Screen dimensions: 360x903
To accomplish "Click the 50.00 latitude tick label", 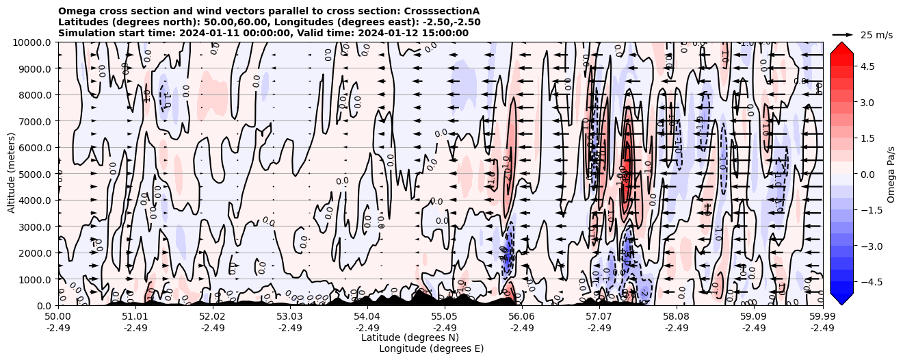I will pos(58,317).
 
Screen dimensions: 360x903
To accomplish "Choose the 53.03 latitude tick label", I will pos(290,317).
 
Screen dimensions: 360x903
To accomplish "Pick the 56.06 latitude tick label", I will pos(522,317).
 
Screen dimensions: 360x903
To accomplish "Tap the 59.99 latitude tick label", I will pos(822,317).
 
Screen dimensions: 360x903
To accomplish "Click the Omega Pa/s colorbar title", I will pos(891,174).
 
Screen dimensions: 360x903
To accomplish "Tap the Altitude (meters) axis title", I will pos(12,174).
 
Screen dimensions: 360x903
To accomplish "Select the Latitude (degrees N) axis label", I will pos(410,337).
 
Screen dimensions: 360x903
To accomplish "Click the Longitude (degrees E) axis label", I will pos(431,348).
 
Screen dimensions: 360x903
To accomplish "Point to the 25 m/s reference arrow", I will pos(843,34).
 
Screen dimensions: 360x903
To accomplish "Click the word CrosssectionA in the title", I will pos(442,11).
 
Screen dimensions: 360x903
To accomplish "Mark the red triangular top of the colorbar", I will pos(841,47).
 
